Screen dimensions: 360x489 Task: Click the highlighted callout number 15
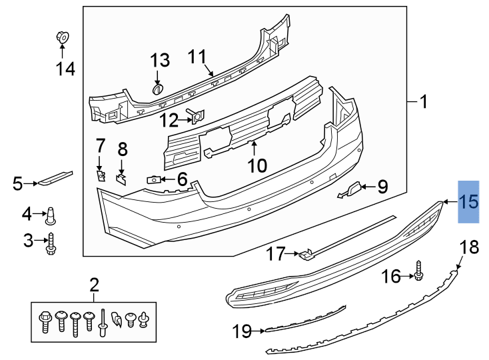pos(469,201)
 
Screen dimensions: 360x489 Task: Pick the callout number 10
pos(256,164)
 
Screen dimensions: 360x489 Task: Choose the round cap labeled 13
pos(159,89)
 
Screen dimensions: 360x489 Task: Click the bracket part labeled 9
pos(351,189)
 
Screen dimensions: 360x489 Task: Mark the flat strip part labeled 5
pos(54,178)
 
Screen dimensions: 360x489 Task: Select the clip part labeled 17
pos(305,254)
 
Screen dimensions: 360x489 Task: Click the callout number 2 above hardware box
pos(94,285)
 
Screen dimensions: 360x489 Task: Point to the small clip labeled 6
pos(153,179)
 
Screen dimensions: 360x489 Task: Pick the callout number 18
pos(469,247)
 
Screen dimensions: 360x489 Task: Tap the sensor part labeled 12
pos(197,118)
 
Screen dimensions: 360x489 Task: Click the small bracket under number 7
pos(101,175)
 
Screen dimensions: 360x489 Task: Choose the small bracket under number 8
pos(122,177)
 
